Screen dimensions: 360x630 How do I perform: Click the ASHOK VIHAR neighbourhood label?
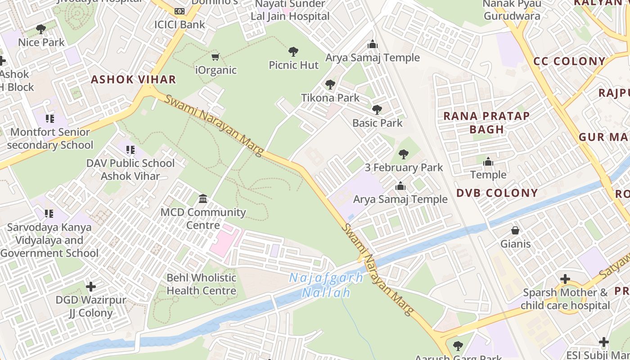[133, 80]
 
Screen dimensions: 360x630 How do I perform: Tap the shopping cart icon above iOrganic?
[216, 57]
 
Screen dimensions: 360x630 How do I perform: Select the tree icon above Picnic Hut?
[293, 51]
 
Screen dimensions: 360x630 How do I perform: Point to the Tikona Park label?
[330, 98]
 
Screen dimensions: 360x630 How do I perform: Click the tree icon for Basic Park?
[377, 109]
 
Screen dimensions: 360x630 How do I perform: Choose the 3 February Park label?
[404, 167]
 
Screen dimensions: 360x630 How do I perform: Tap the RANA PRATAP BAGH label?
[486, 122]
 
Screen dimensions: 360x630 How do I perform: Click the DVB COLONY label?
[497, 193]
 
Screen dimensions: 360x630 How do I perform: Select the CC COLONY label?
[569, 61]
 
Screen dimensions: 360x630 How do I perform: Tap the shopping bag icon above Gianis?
[515, 230]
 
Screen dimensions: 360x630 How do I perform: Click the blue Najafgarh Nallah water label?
[326, 285]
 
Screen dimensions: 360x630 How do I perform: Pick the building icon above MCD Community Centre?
[203, 198]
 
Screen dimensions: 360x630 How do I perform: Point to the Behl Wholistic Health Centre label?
[201, 284]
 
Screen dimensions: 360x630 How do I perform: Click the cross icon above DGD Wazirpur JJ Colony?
[91, 286]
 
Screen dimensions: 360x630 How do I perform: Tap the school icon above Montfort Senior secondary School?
[49, 119]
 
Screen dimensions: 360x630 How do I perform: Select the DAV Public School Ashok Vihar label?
[130, 169]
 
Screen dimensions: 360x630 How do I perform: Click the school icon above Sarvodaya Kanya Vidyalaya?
[49, 213]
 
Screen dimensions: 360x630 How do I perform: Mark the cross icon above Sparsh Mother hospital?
[565, 279]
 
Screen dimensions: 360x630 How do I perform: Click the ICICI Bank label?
[180, 24]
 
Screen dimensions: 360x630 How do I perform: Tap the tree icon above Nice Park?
[41, 29]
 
